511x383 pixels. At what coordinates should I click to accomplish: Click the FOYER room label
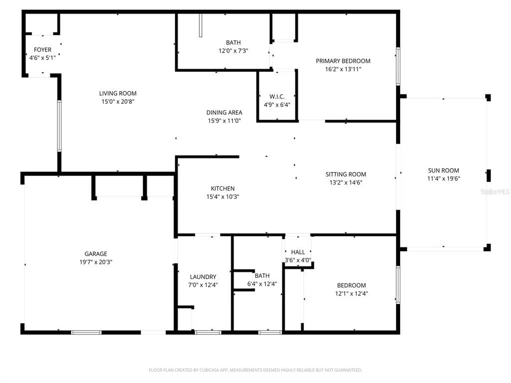coord(42,50)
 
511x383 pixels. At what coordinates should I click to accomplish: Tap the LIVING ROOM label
coord(118,93)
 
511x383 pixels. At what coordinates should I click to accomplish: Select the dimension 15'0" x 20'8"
coord(118,101)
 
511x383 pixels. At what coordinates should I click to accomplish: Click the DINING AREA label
coord(224,113)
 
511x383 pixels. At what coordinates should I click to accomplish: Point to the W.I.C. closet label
coord(276,97)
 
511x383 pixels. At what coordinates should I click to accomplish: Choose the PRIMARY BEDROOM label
coord(343,61)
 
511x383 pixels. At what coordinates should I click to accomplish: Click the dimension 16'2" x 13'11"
coord(343,69)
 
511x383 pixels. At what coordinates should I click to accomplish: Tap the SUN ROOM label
coord(443,171)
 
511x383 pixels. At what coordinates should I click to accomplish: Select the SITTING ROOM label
coord(346,175)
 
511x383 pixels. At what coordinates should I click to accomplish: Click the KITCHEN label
coord(223,189)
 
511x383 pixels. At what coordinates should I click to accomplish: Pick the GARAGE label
coord(95,254)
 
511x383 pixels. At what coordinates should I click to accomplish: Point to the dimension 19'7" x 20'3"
coord(95,262)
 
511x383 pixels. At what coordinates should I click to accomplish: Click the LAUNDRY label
coord(203,277)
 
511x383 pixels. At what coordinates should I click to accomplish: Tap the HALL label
coord(298,252)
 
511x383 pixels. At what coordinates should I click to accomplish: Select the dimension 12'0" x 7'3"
coord(233,50)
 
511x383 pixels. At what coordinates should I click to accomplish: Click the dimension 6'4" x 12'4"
coord(262,284)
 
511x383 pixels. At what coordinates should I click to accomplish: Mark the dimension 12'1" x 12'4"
coord(351,294)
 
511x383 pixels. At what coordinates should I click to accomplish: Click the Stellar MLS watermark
coord(499,191)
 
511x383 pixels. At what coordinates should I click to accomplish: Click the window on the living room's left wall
coord(59,126)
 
